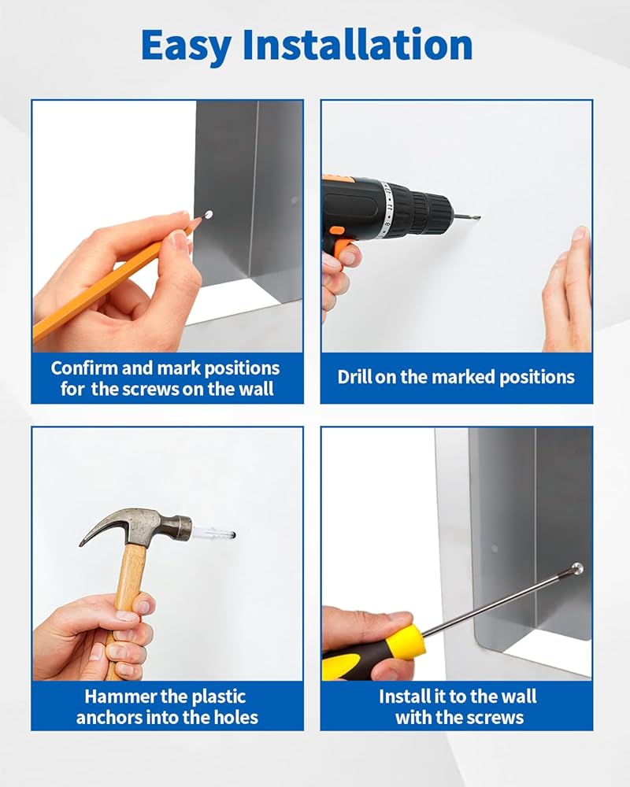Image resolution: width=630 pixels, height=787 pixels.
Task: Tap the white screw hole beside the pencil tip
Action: click(208, 215)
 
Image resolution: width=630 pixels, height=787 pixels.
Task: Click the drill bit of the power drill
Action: click(466, 217)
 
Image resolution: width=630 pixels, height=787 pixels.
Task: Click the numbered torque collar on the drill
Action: click(386, 207)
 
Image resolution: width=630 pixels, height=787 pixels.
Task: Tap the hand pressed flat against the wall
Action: click(567, 291)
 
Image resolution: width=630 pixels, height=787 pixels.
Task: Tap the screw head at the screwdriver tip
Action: click(578, 569)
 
